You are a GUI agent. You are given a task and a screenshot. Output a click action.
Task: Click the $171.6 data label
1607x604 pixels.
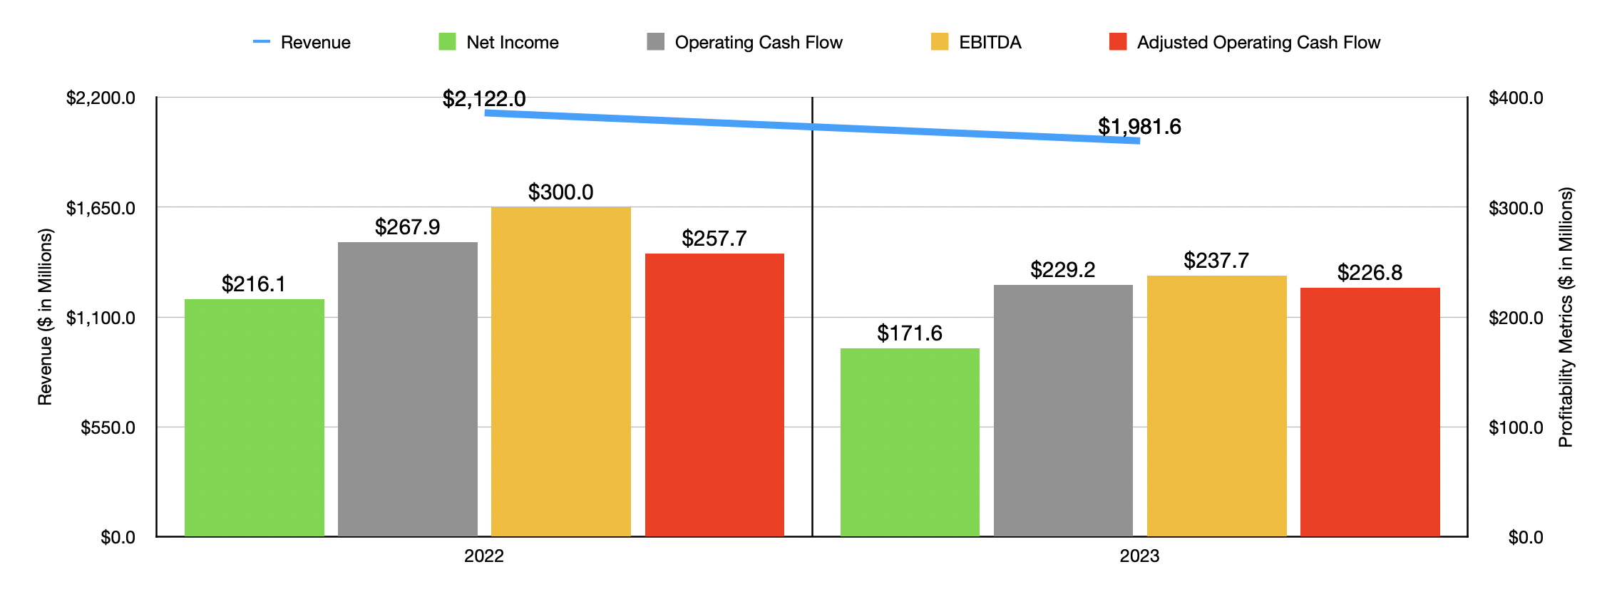(909, 333)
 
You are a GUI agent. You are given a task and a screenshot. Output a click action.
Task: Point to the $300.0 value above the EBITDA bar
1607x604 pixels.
(560, 192)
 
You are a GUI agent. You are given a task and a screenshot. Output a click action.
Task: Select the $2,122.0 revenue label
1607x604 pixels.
(484, 99)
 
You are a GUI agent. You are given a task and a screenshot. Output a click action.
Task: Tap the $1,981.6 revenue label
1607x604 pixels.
(1139, 127)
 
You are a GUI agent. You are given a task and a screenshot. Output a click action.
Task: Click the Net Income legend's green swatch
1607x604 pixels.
(447, 42)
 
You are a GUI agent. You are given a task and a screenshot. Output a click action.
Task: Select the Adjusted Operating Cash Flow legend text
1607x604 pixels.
(1258, 43)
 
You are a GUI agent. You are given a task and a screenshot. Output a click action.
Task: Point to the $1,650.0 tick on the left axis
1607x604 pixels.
(101, 208)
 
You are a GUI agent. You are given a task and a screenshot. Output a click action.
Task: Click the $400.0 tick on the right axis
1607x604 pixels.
(1516, 98)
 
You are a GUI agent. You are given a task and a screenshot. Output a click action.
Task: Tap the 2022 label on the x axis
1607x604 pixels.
(483, 556)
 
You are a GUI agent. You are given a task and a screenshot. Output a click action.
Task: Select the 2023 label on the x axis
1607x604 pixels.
(1139, 556)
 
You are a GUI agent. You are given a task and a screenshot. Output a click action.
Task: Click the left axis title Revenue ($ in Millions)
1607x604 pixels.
(45, 317)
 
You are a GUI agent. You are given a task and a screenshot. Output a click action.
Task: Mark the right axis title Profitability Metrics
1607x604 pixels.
(1566, 317)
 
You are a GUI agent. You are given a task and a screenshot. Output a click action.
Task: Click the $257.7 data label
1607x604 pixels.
(714, 239)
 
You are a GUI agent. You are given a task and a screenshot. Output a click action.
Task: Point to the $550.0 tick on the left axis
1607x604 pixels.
(108, 427)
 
